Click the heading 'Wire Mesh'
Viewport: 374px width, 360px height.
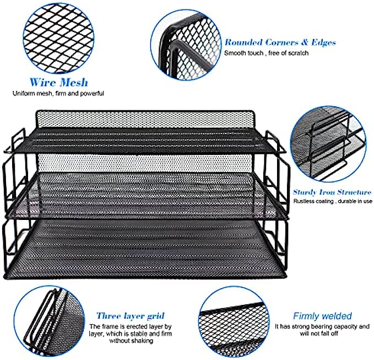[x=59, y=82]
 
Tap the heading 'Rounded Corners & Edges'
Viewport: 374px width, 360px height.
[x=280, y=42]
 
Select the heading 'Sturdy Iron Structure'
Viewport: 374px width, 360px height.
[x=332, y=192]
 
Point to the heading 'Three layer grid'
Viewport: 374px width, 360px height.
[x=130, y=316]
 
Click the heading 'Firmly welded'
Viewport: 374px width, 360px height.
[x=322, y=316]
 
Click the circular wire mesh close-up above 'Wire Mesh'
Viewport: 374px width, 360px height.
[x=59, y=38]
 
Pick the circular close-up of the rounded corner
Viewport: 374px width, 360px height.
[x=186, y=45]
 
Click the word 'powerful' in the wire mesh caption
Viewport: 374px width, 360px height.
[x=92, y=93]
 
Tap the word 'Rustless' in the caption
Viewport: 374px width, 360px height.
[x=303, y=201]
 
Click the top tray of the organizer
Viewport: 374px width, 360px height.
[x=144, y=140]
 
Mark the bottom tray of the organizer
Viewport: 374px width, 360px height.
[x=145, y=248]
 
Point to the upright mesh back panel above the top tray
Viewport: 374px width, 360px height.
[x=144, y=119]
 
